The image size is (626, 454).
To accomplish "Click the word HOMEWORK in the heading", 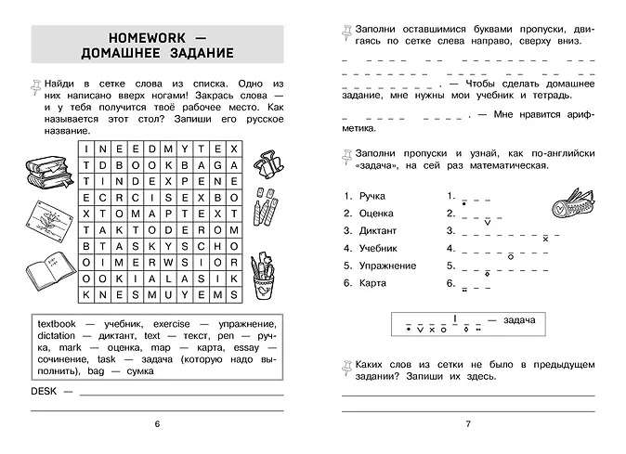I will pyautogui.click(x=145, y=36).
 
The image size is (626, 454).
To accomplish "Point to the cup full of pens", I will pyautogui.click(x=267, y=276).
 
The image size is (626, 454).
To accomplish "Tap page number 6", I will pyautogui.click(x=157, y=424).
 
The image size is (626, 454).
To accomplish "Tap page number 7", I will pyautogui.click(x=468, y=424).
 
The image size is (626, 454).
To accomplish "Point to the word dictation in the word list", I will pyautogui.click(x=56, y=335).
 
